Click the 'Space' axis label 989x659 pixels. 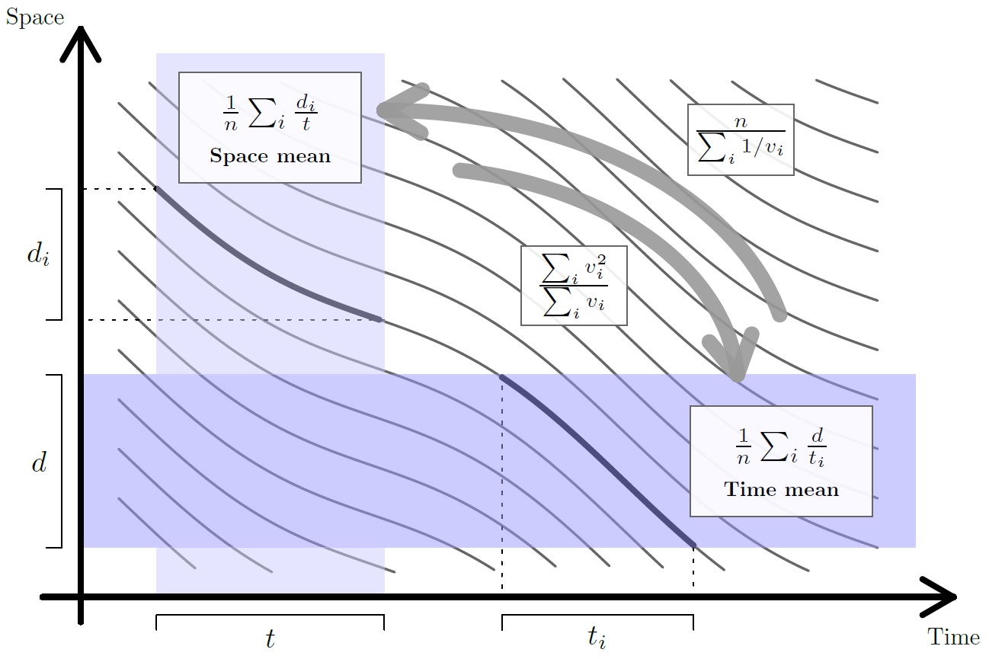pyautogui.click(x=35, y=18)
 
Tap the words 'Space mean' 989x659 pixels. pyautogui.click(x=270, y=156)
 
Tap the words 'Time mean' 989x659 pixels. pyautogui.click(x=781, y=490)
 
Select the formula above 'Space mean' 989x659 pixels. pyautogui.click(x=270, y=113)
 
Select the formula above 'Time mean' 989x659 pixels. pyautogui.click(x=781, y=447)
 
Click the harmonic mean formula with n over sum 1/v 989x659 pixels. pyautogui.click(x=741, y=140)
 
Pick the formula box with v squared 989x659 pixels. pyautogui.click(x=574, y=286)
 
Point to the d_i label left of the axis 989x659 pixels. pyautogui.click(x=38, y=255)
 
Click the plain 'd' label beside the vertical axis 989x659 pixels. pyautogui.click(x=40, y=462)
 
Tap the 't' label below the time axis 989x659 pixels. pyautogui.click(x=270, y=638)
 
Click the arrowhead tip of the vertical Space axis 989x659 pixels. pyautogui.click(x=81, y=27)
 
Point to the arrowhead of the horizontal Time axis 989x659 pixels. pyautogui.click(x=955, y=597)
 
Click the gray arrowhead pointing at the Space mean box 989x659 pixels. pyautogui.click(x=379, y=110)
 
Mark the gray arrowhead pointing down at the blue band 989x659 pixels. pyautogui.click(x=737, y=376)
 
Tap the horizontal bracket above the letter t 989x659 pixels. pyautogui.click(x=270, y=616)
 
